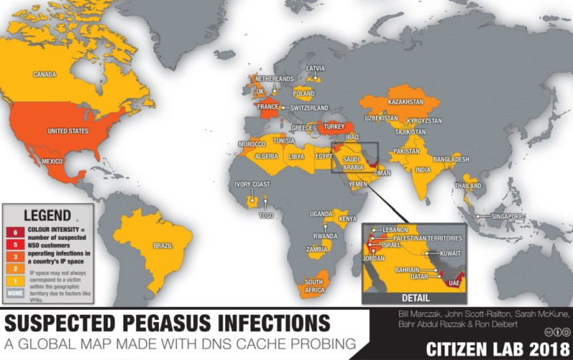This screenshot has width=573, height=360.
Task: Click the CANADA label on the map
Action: point(45,74)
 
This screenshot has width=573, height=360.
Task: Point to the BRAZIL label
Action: point(163,245)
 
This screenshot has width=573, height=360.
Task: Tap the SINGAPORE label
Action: point(506,216)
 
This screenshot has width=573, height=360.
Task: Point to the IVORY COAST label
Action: point(252,184)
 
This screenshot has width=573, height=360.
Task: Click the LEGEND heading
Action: point(47,215)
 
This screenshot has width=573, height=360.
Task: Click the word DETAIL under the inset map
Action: point(416,297)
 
